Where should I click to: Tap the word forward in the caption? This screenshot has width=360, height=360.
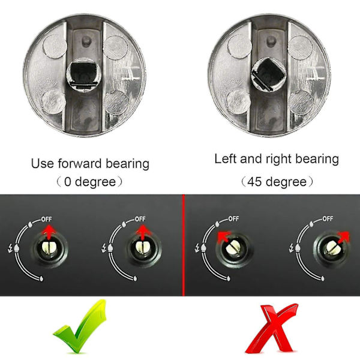80,164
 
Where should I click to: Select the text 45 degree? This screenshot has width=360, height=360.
277,182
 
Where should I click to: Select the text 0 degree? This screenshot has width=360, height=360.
90,182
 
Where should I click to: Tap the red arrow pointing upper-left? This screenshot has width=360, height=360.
224,237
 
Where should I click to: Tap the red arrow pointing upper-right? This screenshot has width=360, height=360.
343,238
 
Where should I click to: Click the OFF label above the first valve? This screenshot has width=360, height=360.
47,219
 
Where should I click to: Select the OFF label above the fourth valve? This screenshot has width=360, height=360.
328,218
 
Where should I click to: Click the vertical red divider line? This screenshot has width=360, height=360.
184,245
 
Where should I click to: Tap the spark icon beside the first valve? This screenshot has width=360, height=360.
10,248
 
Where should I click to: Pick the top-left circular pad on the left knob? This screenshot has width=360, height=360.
55,46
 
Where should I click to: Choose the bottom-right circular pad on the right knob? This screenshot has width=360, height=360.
301,102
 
